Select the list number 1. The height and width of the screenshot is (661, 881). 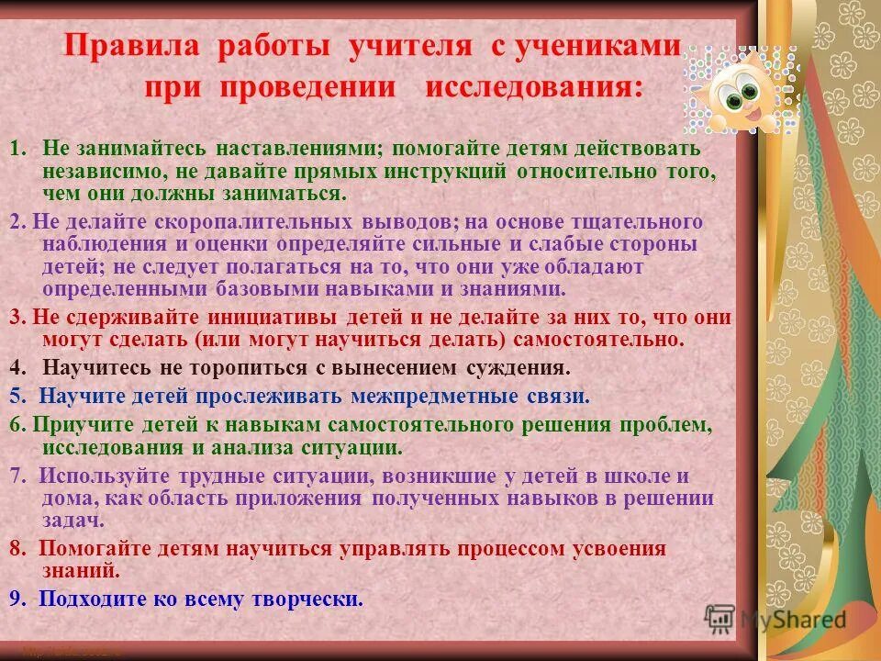17,149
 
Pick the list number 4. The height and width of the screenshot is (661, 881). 17,368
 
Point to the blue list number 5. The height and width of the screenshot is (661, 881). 17,397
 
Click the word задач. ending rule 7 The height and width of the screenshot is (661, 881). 73,520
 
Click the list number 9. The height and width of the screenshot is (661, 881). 17,599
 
